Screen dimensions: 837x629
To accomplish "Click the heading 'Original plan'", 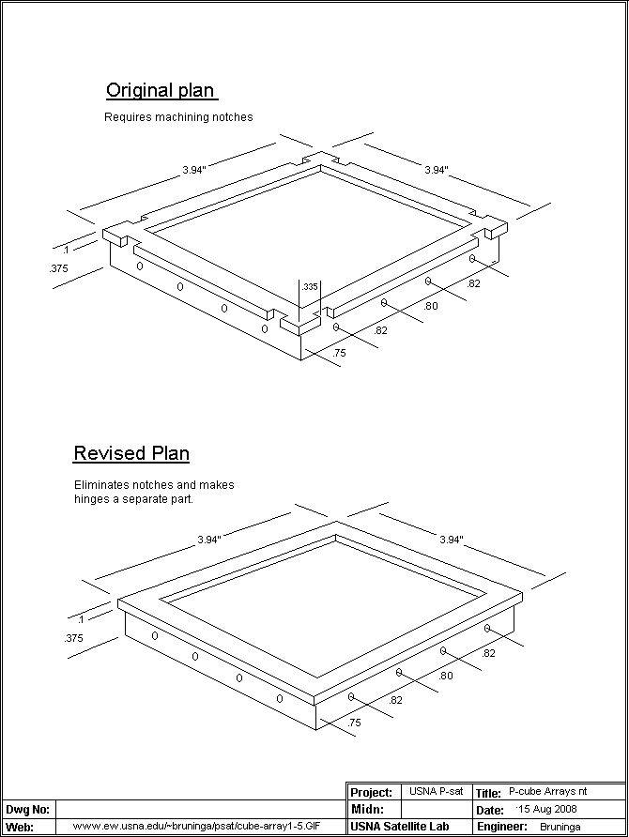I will tap(161, 91).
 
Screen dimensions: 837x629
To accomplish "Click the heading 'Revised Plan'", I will tap(131, 454).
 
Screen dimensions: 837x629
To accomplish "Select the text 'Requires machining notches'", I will tap(178, 118).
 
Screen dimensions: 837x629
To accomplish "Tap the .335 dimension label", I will tap(310, 286).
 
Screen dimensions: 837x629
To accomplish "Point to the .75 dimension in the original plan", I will tap(340, 353).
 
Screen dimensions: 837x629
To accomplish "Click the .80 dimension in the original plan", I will tap(431, 306).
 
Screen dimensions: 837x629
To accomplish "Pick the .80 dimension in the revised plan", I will tap(445, 676).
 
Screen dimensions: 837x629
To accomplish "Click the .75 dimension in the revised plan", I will tap(354, 723).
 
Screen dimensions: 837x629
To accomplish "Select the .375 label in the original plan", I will tap(58, 268).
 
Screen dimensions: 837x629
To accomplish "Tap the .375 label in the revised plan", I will tap(72, 638).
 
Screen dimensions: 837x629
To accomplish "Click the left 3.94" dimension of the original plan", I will tap(194, 170).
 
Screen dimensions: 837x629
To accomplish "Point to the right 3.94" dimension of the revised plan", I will tap(452, 540).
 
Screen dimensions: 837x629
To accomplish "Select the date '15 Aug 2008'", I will tap(548, 809).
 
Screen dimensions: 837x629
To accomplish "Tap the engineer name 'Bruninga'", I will tap(560, 827).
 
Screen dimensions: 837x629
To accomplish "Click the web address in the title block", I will tap(203, 827).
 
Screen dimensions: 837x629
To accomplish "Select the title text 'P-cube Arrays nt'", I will tap(548, 793).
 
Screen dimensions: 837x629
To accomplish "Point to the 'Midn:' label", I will tap(367, 809).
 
